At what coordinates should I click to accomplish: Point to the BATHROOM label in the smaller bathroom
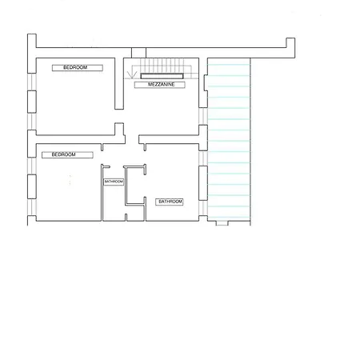pos(114,182)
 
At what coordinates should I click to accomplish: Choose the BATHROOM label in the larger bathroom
pos(170,202)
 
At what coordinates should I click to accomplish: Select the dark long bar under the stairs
pos(164,76)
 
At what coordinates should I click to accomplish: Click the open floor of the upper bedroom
pos(76,100)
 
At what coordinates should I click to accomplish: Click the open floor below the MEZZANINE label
pos(160,108)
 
